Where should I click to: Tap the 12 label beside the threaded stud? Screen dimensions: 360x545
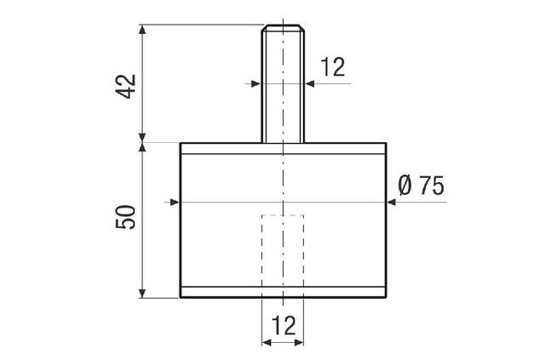[x=333, y=68]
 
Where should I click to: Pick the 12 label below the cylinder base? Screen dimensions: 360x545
[x=282, y=324]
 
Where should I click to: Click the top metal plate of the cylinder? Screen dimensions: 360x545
[x=282, y=148]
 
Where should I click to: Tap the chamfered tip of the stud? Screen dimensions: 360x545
[x=282, y=28]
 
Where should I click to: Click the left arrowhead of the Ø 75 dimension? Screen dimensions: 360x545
[x=175, y=202]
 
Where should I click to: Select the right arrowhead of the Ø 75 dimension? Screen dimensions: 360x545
[x=391, y=202]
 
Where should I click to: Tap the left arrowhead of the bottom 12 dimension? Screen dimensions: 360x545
[x=266, y=342]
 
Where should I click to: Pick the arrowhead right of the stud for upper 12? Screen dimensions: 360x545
[x=308, y=83]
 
